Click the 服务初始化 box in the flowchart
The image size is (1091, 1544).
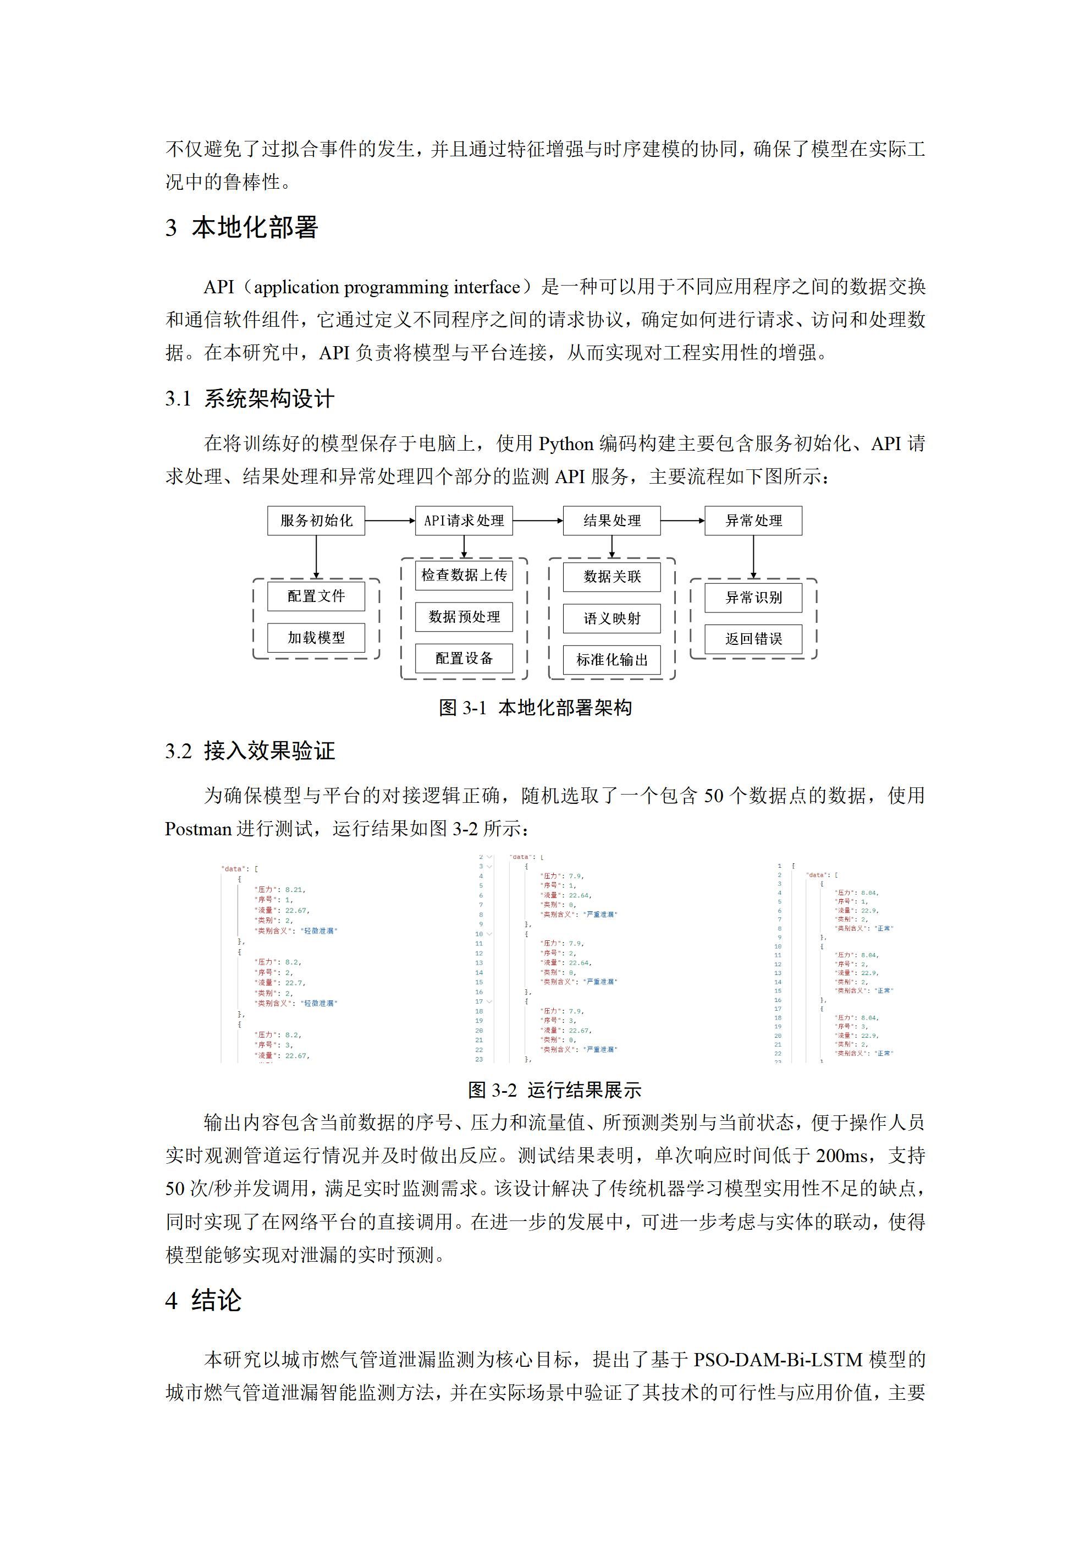(316, 521)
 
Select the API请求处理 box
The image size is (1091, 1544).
(464, 521)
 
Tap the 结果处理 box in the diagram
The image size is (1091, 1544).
(611, 521)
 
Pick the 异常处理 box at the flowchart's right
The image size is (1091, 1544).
(753, 521)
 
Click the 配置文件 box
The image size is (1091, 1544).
(316, 596)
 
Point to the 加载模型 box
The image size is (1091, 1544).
(316, 638)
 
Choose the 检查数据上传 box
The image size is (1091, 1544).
(464, 575)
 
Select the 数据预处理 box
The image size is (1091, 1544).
(464, 617)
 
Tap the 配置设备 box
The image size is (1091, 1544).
(464, 658)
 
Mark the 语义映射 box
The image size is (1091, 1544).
(611, 618)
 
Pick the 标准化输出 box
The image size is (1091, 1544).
(611, 660)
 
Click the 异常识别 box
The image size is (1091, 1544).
(753, 598)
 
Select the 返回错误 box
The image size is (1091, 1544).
(753, 639)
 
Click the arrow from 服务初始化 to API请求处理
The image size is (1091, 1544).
(390, 521)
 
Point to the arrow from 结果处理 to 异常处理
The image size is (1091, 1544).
(682, 521)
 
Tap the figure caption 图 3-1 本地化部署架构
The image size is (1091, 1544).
(535, 708)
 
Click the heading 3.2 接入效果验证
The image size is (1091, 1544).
(250, 751)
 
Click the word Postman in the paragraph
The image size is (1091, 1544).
(199, 829)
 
